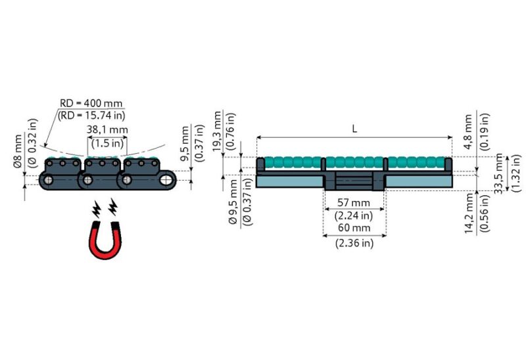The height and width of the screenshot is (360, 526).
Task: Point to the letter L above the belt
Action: [354, 129]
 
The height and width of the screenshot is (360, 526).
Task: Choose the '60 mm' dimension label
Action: [354, 228]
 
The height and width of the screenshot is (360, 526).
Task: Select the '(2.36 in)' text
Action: [354, 242]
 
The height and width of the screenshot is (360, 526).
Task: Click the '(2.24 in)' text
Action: [354, 215]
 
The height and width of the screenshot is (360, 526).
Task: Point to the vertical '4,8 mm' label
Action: [468, 131]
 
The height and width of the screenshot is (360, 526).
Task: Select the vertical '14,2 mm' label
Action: [468, 214]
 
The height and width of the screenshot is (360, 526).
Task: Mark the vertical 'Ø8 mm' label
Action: [18, 152]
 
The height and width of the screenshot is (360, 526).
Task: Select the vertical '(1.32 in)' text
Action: [516, 172]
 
